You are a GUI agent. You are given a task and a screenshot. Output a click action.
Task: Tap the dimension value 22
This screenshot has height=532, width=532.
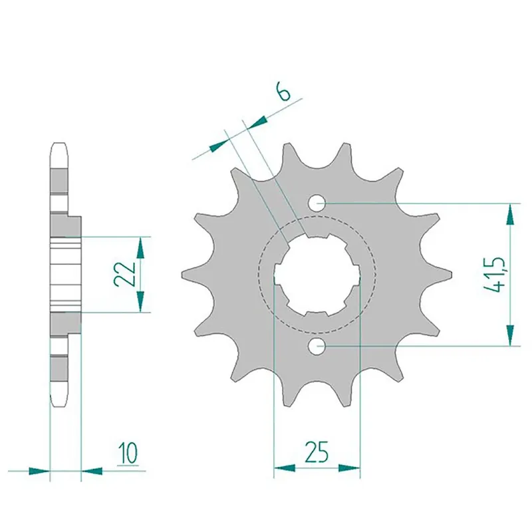pyautogui.click(x=123, y=273)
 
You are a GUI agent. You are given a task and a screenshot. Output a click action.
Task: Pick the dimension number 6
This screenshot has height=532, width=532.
pyautogui.click(x=284, y=92)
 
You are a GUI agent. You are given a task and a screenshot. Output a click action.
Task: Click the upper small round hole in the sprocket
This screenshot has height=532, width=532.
pyautogui.click(x=317, y=201)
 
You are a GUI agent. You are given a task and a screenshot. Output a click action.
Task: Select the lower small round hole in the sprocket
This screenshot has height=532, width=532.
pyautogui.click(x=317, y=345)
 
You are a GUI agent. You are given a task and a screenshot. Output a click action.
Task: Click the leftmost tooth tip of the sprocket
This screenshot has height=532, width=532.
pyautogui.click(x=185, y=273)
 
